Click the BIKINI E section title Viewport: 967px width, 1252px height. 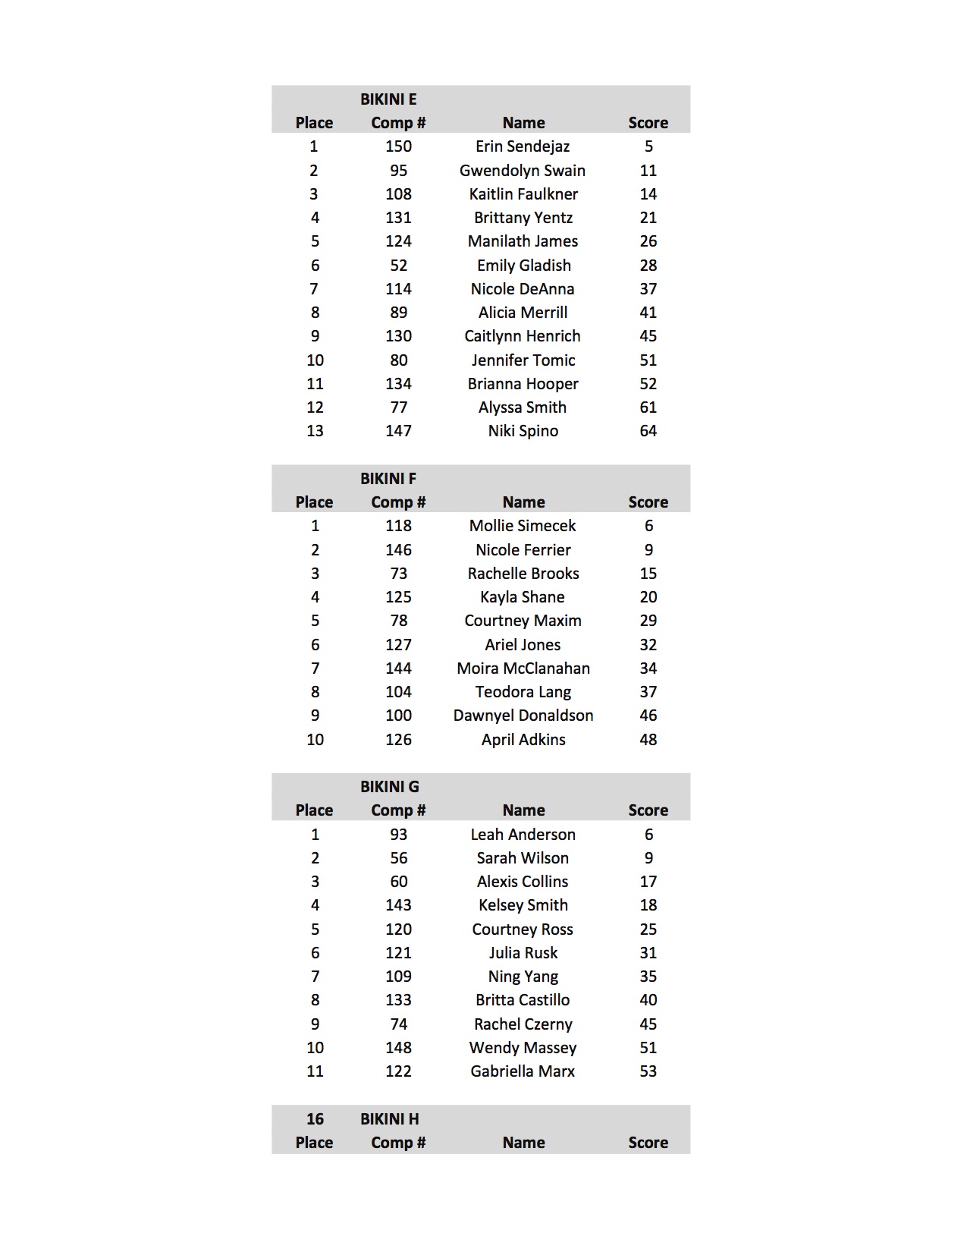pos(388,99)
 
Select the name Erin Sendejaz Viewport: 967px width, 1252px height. pos(523,146)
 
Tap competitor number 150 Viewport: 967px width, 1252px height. pos(398,146)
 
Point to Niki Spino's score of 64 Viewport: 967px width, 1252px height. pos(648,431)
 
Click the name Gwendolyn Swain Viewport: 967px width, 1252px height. pos(523,171)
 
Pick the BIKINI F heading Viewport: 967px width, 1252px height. pos(388,479)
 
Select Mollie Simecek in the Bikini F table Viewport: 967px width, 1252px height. pos(523,526)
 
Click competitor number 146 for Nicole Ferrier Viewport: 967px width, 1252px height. pos(398,550)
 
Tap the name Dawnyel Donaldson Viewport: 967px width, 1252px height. pos(523,716)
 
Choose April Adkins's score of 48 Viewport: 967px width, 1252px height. pos(648,740)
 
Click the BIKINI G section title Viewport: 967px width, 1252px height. pos(390,787)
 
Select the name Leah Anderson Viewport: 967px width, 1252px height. pos(523,835)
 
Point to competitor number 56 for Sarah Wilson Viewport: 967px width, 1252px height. pos(398,858)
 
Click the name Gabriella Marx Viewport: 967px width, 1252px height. pos(523,1071)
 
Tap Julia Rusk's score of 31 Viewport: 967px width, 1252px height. pos(648,953)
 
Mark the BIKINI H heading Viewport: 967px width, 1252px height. pos(390,1119)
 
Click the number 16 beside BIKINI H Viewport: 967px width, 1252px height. pos(315,1119)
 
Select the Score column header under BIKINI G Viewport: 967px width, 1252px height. pos(648,810)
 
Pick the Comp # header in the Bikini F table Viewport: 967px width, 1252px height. pos(398,502)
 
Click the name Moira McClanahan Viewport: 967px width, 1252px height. pos(523,668)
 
